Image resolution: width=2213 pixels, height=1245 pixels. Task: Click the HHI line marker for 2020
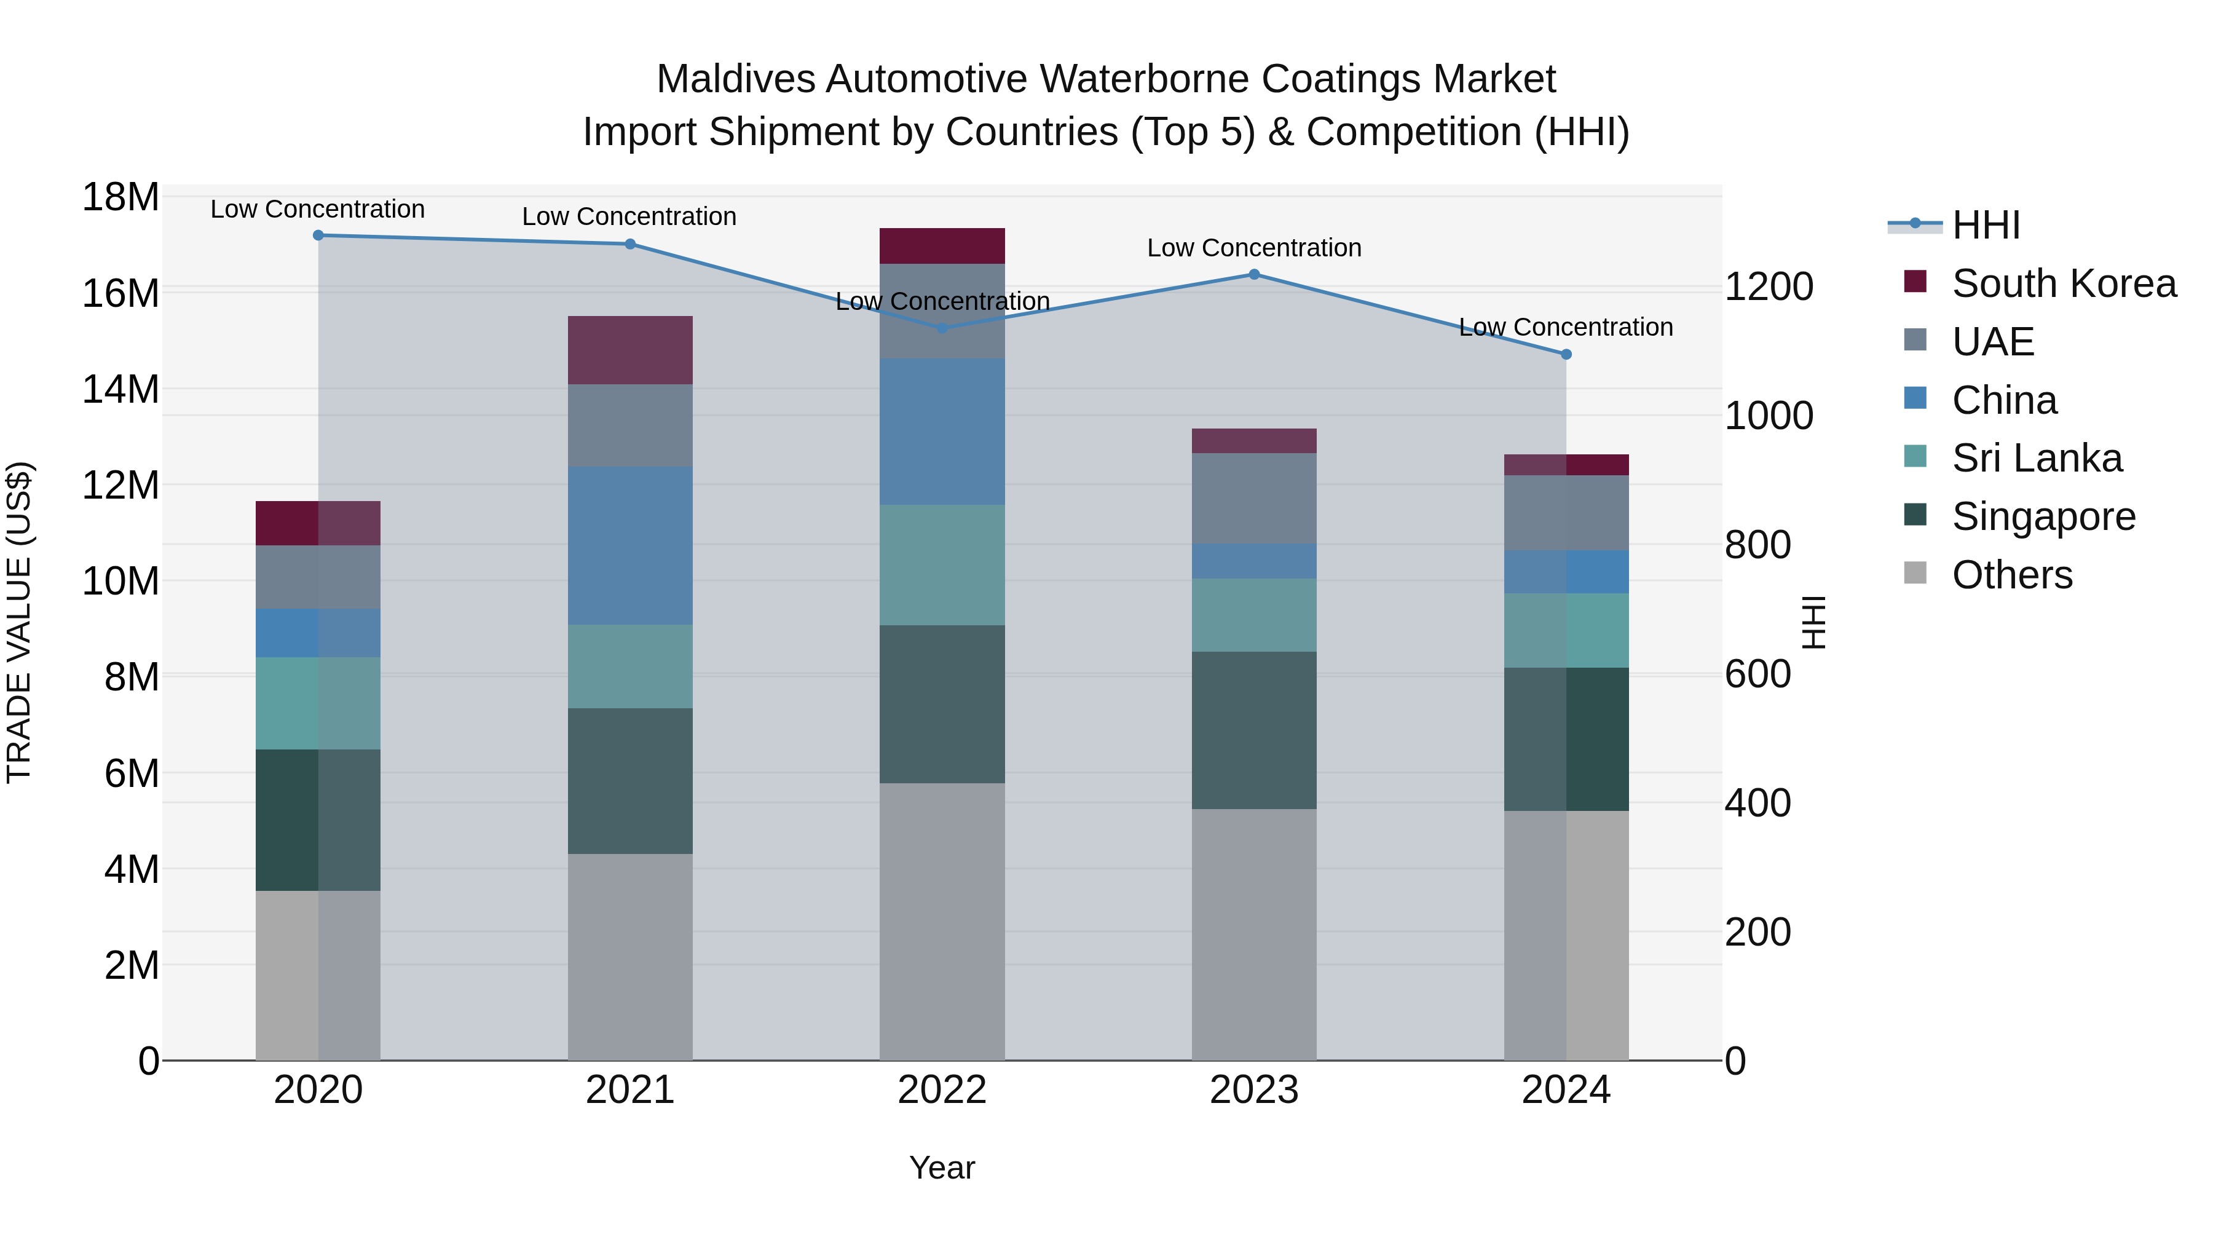click(x=318, y=235)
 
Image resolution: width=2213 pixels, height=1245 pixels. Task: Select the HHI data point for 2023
click(x=1253, y=274)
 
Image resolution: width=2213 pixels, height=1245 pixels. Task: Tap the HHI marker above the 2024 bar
click(x=1565, y=354)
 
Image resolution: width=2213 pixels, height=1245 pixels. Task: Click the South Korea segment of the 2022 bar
click(x=942, y=246)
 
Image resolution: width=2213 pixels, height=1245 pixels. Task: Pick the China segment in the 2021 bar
click(x=629, y=545)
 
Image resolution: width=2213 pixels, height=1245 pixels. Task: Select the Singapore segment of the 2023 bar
click(x=1253, y=730)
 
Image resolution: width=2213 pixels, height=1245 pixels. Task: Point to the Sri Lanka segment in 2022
click(x=942, y=564)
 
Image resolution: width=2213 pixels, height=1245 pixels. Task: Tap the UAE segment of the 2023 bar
click(x=1253, y=499)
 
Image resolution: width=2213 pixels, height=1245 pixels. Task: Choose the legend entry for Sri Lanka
click(x=2036, y=458)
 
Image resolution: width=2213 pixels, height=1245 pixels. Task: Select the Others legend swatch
click(x=1915, y=573)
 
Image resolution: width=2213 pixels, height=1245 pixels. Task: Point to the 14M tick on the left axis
click(x=120, y=389)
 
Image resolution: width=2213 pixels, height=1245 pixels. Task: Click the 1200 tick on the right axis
click(x=1769, y=287)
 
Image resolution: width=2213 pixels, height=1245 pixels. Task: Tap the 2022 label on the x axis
click(x=942, y=1090)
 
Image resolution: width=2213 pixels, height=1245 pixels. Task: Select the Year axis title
click(x=942, y=1168)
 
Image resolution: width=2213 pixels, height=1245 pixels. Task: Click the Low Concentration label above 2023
click(x=1253, y=247)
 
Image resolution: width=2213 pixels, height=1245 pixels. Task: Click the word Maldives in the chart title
click(x=735, y=79)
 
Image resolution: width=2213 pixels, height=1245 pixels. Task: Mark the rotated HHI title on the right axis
click(x=1813, y=622)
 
